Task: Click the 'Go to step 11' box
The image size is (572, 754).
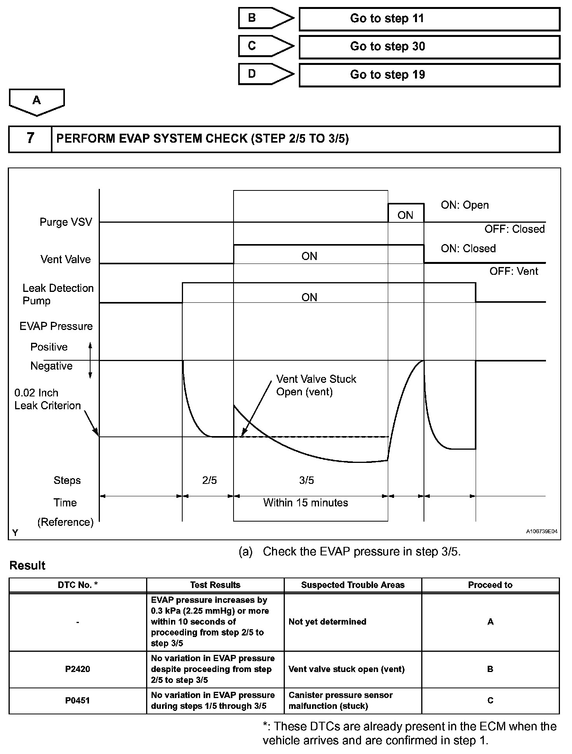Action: coord(429,19)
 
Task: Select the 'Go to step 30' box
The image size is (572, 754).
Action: coord(429,47)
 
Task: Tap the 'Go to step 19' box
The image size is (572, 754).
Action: coord(429,75)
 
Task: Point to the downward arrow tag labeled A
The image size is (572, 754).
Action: coord(37,101)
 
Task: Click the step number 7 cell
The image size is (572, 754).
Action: coord(30,139)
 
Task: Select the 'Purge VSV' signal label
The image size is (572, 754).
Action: coord(66,222)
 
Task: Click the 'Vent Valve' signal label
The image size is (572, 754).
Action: coord(65,259)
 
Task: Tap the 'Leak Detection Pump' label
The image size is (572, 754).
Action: coord(58,294)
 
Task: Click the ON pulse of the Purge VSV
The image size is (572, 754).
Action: coord(405,214)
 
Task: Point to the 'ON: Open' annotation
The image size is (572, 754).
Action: coord(464,205)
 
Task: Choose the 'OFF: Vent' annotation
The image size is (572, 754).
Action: coord(513,271)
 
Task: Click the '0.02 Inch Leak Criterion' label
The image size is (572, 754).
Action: coord(47,399)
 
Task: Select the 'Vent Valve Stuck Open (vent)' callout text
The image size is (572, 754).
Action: coord(316,385)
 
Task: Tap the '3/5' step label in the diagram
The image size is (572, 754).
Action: coord(306,480)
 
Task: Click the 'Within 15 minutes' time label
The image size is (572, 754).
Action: coord(305,503)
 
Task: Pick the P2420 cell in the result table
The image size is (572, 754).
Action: coord(78,669)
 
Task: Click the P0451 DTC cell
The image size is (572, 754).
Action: coord(78,700)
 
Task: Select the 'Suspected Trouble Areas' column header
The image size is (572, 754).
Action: coord(352,585)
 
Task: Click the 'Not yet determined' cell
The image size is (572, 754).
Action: coord(327,621)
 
